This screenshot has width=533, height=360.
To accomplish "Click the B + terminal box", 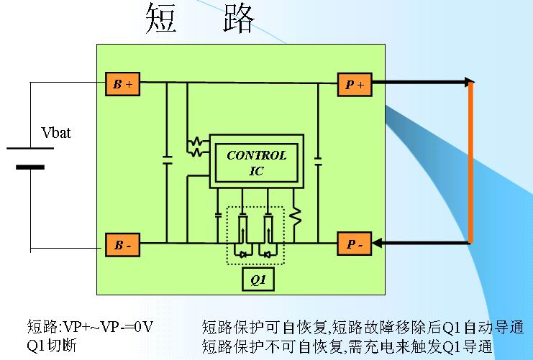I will tap(122, 84).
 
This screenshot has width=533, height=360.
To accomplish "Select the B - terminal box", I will tap(122, 244).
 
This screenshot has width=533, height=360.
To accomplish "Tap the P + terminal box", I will tap(355, 84).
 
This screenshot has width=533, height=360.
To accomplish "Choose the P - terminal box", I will tap(355, 244).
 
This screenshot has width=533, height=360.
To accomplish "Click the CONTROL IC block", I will tap(257, 162).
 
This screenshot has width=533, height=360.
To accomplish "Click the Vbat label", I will tap(57, 133).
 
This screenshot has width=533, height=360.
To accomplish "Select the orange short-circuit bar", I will tap(470, 163).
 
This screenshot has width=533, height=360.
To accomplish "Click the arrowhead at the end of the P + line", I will tap(469, 82).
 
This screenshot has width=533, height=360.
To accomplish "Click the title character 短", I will tap(163, 19).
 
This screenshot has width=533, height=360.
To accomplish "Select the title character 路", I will tap(237, 19).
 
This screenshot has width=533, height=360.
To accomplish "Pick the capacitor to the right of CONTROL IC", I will tap(317, 156).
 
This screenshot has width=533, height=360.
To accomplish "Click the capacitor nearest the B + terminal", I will tap(167, 159).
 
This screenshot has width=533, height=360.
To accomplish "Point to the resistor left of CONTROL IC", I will tap(196, 147).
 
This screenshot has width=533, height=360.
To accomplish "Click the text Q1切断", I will tap(52, 346).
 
